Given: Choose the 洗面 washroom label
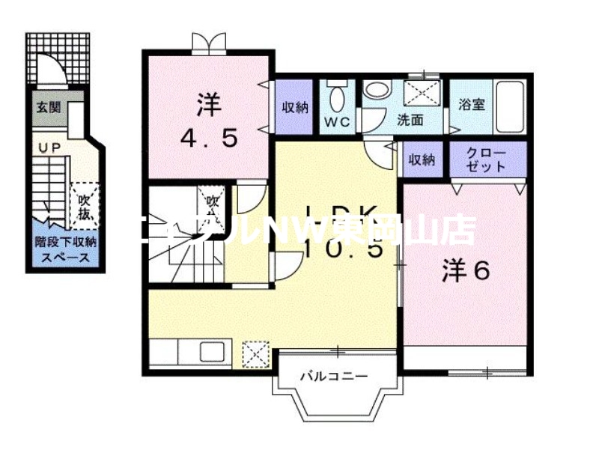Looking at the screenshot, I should (410, 120).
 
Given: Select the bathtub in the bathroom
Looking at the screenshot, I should (512, 105).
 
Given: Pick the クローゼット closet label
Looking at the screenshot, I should (487, 159).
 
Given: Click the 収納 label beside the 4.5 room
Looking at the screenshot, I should (295, 106).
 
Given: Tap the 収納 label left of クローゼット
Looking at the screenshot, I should (422, 159).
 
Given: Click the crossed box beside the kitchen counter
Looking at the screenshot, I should (256, 352).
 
